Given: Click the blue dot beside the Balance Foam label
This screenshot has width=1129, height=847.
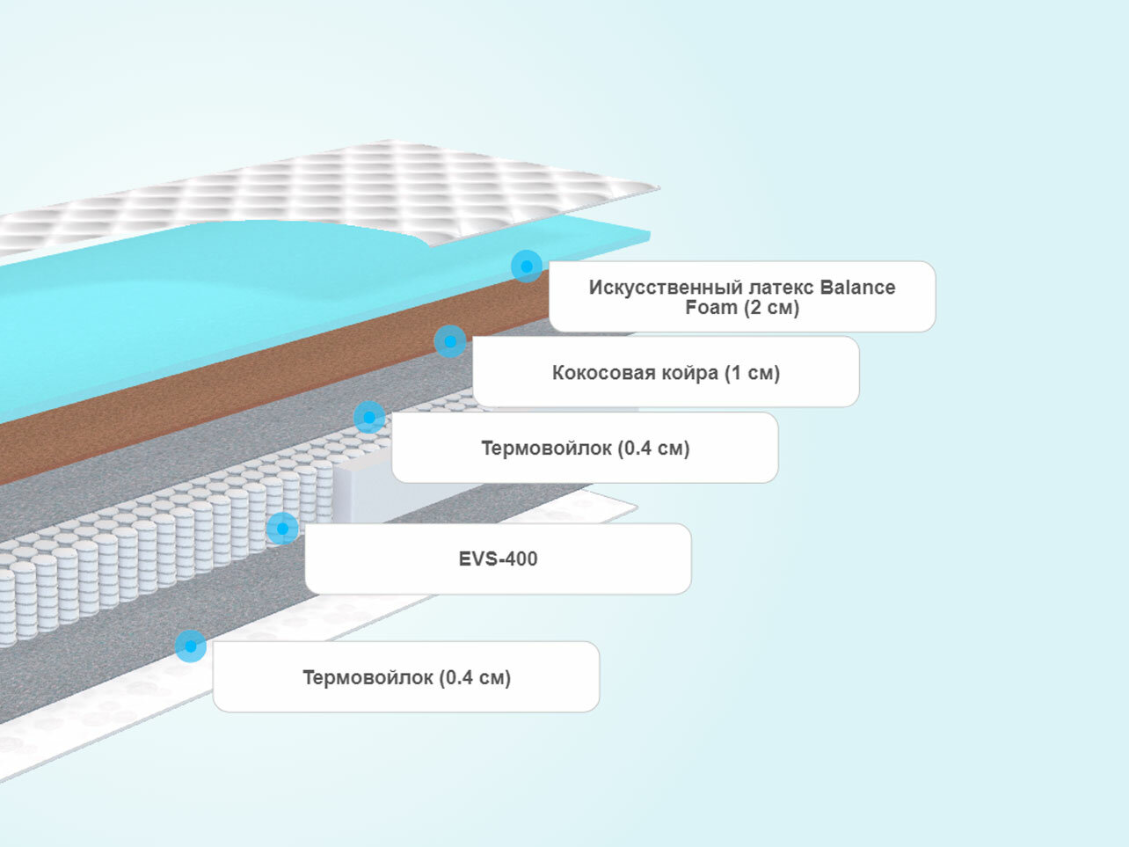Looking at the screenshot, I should click(527, 266).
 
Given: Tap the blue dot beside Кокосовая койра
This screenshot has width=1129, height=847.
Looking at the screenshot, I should click(450, 341).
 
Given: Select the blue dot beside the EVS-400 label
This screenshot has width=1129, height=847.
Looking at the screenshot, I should click(282, 529).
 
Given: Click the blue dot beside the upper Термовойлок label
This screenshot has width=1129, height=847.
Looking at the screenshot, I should click(369, 417).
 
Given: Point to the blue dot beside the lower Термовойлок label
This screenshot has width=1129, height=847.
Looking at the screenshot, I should click(191, 646).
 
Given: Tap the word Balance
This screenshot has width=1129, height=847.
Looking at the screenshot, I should click(857, 288).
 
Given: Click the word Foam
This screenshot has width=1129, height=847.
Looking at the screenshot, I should click(711, 308).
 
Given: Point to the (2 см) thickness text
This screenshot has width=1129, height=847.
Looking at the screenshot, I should click(771, 308).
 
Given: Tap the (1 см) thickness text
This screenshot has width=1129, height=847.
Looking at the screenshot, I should click(752, 373).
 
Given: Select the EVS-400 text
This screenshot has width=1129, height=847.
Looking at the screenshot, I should click(498, 559).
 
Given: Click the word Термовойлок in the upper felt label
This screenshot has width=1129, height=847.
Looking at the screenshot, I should click(546, 449).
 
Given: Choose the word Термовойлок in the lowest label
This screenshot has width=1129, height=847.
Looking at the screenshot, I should click(368, 678).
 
